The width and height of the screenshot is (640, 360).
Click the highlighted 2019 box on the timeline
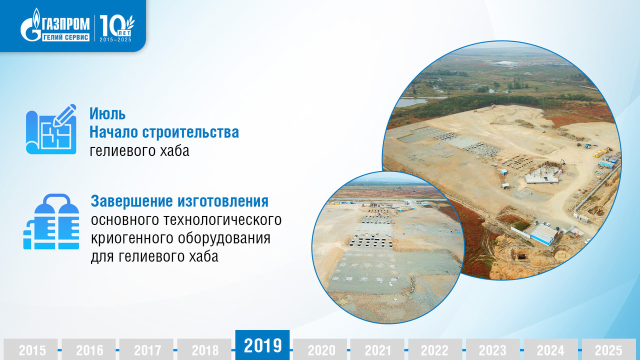coord(262,345)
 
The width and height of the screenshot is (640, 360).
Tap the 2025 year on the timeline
coord(609,349)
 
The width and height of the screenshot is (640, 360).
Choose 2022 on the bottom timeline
coord(435,349)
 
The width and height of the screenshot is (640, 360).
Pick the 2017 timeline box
coord(146,349)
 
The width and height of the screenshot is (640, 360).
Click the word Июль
coord(107,113)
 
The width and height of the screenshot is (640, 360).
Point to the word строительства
coord(190,132)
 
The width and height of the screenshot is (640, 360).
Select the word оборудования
coord(224,238)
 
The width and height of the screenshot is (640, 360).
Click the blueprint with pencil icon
coord(51,129)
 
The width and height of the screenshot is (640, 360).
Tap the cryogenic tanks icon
coord(51,221)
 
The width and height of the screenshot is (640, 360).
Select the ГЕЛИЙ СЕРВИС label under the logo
coord(65,37)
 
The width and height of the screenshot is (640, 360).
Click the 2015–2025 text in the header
coord(115,39)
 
